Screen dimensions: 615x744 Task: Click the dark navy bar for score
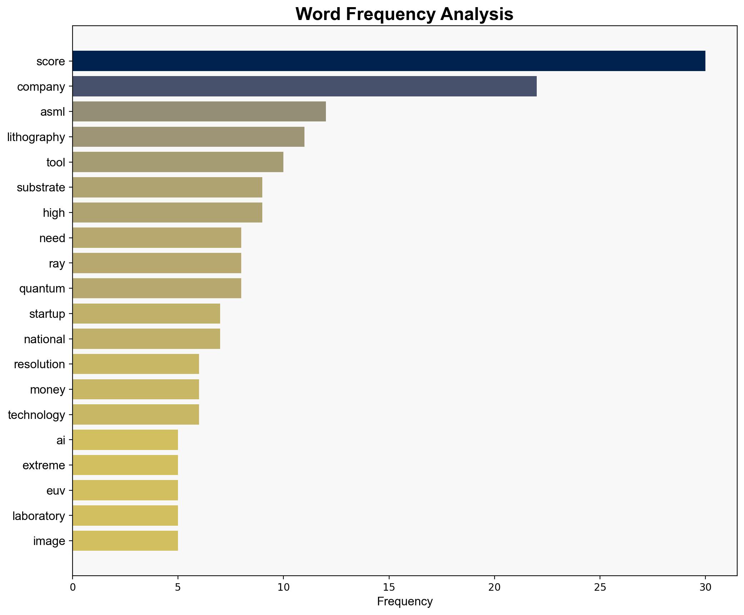coord(389,61)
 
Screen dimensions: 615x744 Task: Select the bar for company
coord(304,86)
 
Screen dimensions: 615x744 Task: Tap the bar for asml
coord(199,112)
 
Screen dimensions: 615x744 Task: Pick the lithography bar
coord(188,137)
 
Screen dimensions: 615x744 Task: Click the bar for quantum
coord(157,288)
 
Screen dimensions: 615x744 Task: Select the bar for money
coord(136,389)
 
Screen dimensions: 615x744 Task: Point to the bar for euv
coord(125,490)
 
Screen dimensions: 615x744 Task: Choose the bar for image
coord(125,541)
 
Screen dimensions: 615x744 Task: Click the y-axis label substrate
coord(41,187)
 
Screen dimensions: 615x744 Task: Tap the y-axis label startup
coord(47,314)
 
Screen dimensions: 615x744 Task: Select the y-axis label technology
coord(36,415)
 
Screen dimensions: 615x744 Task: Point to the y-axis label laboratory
coord(39,516)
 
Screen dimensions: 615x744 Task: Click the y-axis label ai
coord(61,440)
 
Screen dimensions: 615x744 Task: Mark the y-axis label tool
coord(56,162)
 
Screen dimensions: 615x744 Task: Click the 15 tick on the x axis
coord(389,587)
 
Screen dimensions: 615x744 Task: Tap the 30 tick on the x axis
coord(705,587)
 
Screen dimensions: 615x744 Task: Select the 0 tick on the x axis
coord(73,587)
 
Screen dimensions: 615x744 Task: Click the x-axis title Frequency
coord(405,602)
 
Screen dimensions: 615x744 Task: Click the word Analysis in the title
coord(477,14)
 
